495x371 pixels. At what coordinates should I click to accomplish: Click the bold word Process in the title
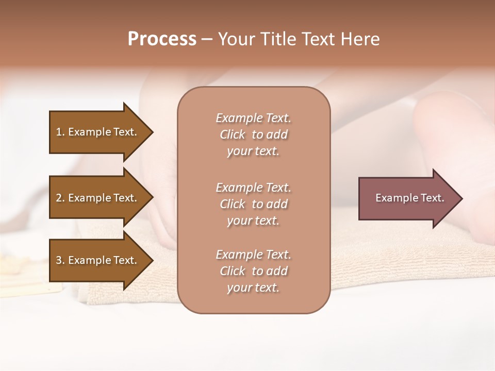click(x=162, y=39)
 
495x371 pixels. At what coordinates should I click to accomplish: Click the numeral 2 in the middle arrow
click(x=59, y=198)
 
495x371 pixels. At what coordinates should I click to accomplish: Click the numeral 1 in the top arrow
click(x=59, y=132)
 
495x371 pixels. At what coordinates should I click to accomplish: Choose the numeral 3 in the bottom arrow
click(x=59, y=260)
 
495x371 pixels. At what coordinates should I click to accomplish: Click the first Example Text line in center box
click(x=253, y=118)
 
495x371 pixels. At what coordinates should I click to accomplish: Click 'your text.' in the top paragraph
click(x=253, y=151)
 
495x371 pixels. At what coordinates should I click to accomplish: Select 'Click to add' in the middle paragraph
click(x=253, y=204)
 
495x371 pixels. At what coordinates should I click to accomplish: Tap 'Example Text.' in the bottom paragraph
click(x=253, y=255)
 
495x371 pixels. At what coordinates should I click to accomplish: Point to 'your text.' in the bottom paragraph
click(x=253, y=288)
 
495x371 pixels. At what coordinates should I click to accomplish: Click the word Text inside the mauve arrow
click(x=432, y=198)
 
